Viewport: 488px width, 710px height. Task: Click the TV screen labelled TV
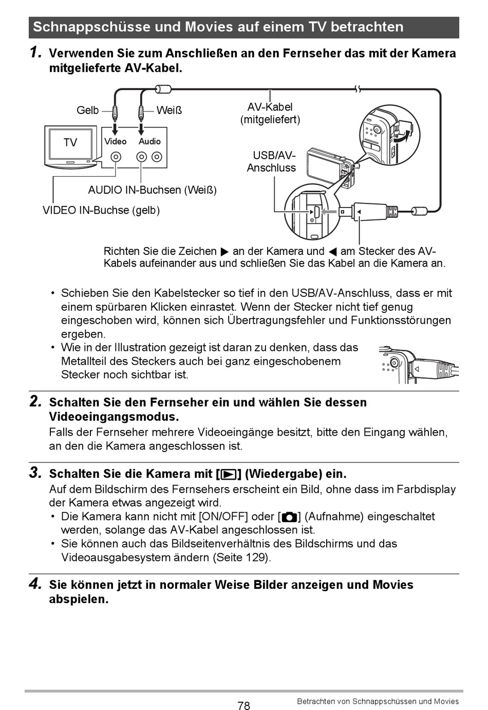(x=70, y=143)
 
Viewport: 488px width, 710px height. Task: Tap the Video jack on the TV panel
(x=117, y=157)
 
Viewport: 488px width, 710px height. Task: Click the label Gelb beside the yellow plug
(x=87, y=110)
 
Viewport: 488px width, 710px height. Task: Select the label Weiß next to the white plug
(x=169, y=110)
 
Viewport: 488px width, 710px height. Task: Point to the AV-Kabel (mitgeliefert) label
(x=270, y=114)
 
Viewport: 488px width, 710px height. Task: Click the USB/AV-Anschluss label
(x=272, y=161)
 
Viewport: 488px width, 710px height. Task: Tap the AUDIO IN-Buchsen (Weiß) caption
(x=152, y=190)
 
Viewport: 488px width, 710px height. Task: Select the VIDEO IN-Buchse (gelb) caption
(x=101, y=210)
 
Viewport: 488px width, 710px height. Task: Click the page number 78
(x=244, y=705)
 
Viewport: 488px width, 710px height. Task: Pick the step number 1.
(x=35, y=52)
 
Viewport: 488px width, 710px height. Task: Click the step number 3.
(x=35, y=473)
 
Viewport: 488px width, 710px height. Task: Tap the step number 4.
(x=35, y=584)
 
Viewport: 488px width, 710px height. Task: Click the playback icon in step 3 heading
(x=229, y=474)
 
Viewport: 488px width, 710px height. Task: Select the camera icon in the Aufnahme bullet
(x=289, y=517)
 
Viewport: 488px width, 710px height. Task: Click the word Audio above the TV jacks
(x=149, y=141)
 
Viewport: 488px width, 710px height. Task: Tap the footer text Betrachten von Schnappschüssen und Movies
(x=378, y=701)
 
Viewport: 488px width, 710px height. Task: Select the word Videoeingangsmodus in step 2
(x=114, y=417)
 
